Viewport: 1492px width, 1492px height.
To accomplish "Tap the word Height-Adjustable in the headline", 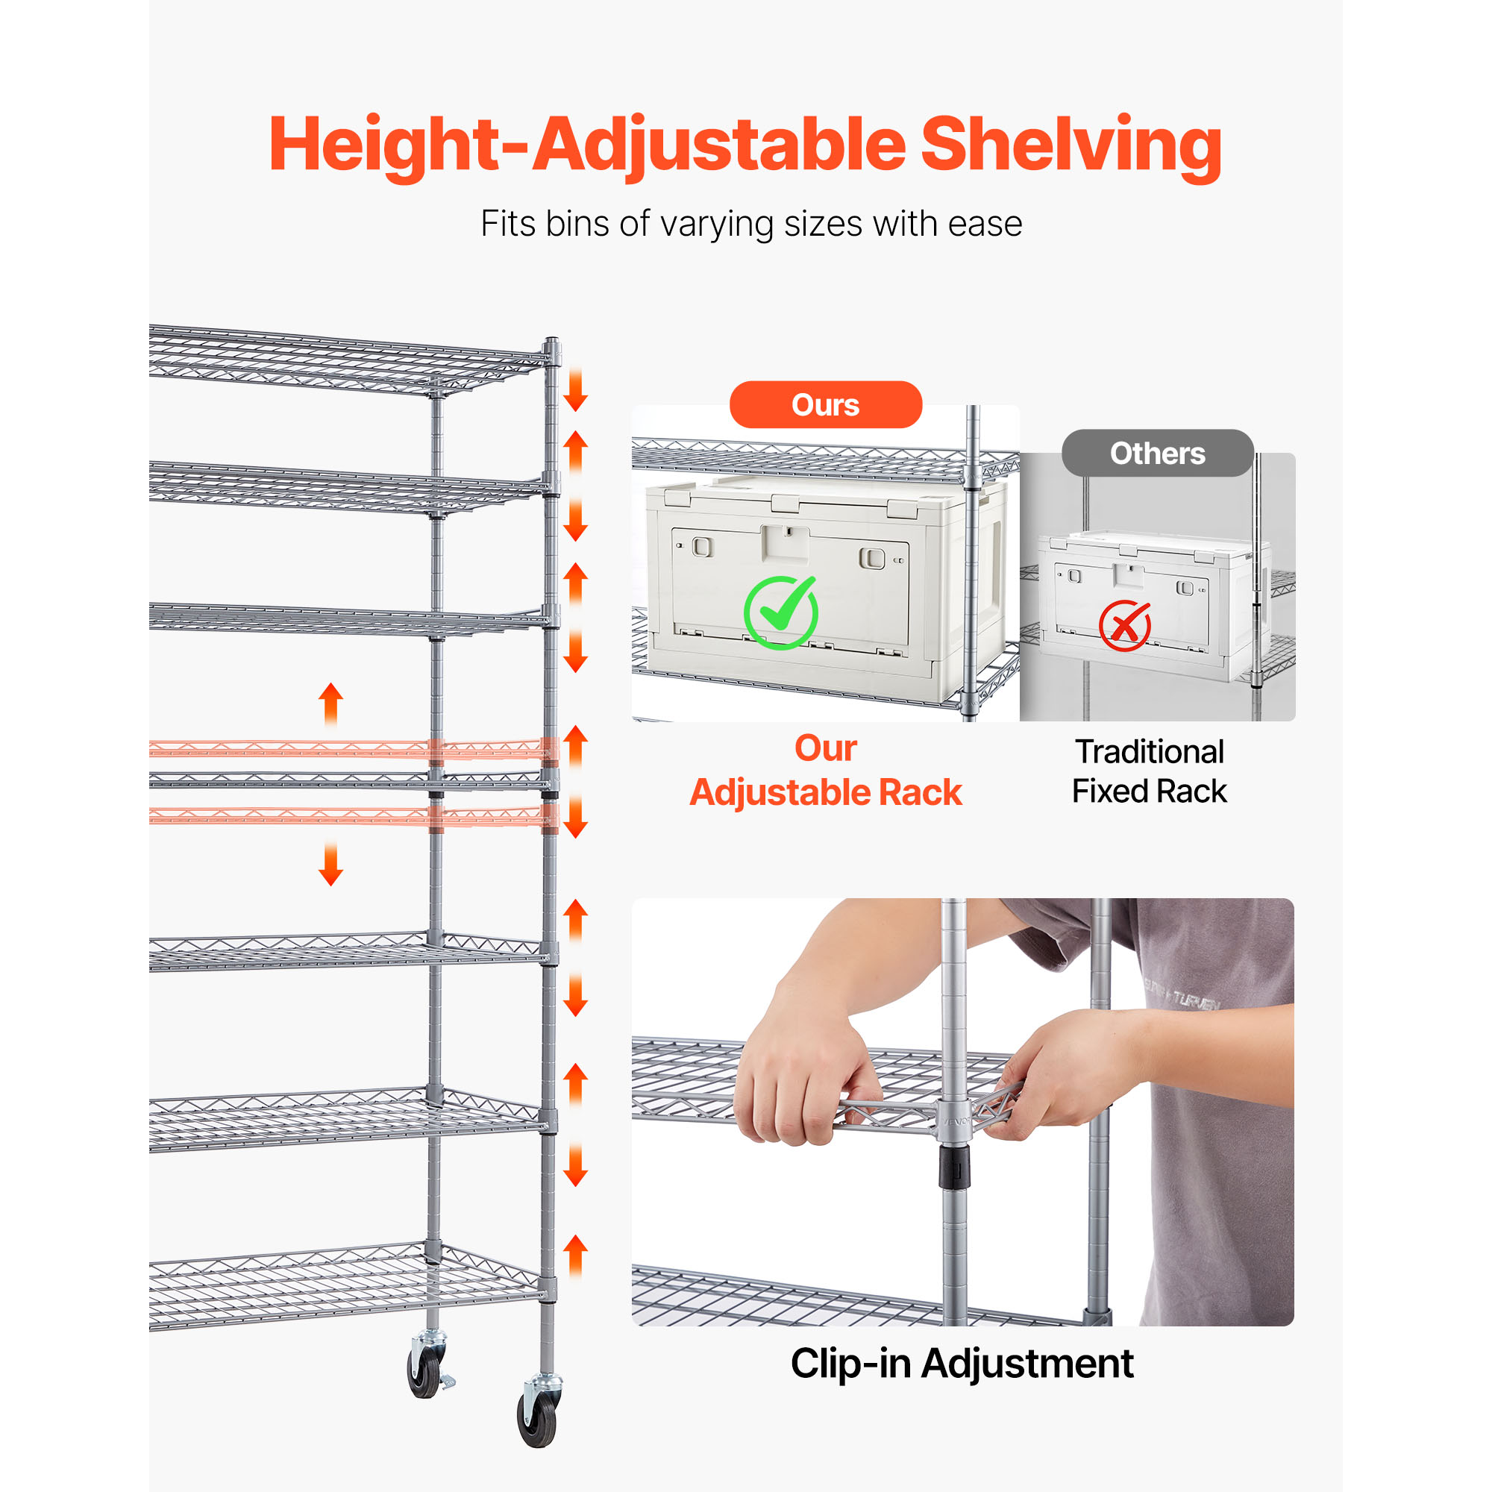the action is click(x=587, y=147).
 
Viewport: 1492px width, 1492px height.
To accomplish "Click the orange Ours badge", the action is click(x=826, y=404).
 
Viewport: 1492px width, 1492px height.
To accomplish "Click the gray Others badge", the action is click(x=1157, y=454).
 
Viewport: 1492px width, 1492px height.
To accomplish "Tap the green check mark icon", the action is click(x=781, y=612).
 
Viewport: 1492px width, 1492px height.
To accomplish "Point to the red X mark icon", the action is click(x=1125, y=626).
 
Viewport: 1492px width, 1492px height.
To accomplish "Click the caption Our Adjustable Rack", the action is click(x=826, y=771).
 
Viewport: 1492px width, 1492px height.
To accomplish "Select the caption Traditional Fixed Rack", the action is click(x=1149, y=771).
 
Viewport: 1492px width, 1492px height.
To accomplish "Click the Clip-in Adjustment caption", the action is click(x=962, y=1363).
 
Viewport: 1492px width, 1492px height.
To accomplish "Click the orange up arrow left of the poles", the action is click(x=330, y=705).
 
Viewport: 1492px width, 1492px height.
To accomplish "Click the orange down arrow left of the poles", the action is click(x=330, y=863).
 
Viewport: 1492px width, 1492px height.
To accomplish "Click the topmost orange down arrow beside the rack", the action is click(x=575, y=391).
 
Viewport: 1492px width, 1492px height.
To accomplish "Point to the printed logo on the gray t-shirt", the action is click(x=1182, y=996).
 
